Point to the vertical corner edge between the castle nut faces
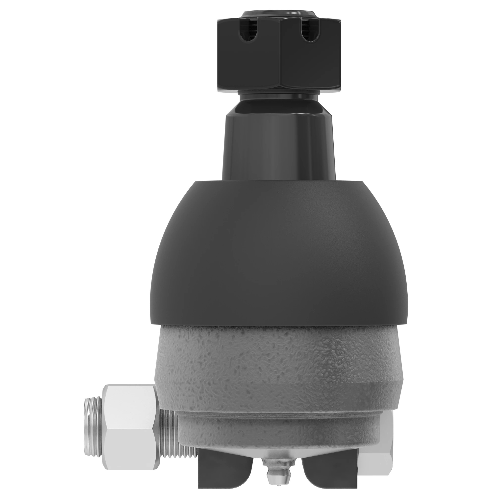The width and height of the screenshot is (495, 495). [281, 59]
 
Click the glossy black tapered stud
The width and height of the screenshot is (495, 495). [279, 144]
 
